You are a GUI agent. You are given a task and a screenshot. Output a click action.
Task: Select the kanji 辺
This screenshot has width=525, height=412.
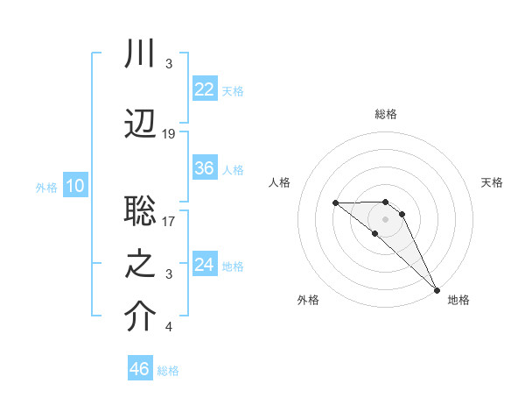coord(141,122)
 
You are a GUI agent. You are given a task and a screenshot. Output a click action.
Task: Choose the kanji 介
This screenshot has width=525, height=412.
coord(141,317)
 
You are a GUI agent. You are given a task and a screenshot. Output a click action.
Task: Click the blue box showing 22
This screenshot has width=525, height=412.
coord(204,89)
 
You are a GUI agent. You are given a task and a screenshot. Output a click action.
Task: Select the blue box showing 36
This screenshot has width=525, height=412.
coord(204,168)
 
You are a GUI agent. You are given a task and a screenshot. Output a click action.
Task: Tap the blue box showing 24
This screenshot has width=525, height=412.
coord(204,264)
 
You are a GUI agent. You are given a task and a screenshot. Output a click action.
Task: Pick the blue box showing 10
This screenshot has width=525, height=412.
coord(75,186)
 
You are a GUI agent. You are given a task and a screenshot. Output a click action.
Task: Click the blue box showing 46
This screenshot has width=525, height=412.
coord(140,369)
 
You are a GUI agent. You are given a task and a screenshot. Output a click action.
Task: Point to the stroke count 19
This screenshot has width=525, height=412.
coord(169,133)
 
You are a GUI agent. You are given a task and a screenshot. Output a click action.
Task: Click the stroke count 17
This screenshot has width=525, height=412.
coord(169,222)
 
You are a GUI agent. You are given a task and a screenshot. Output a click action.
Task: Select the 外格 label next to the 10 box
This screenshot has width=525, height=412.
coord(46,187)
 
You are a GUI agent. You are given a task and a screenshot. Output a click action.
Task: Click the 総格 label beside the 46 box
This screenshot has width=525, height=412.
coord(168,371)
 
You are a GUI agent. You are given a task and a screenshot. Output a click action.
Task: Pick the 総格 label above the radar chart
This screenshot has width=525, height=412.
coord(386,114)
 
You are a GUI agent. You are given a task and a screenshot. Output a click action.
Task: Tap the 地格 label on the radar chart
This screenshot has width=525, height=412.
coord(458,300)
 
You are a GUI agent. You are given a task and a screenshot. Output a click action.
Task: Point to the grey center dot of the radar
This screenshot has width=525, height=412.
coord(386,219)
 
